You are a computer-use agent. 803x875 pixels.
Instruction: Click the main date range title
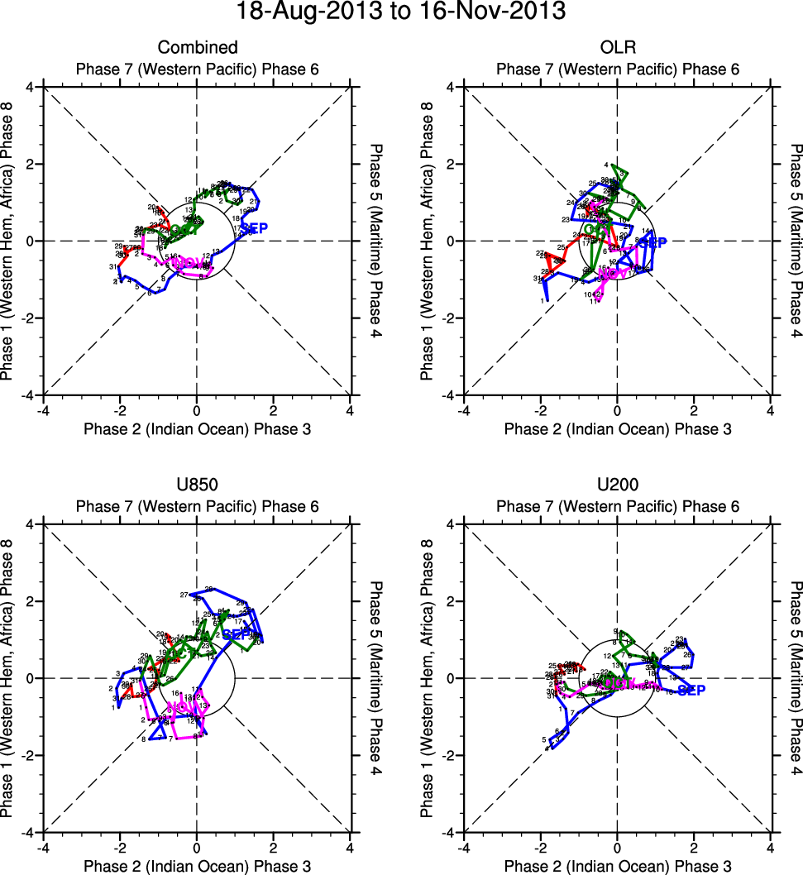coord(401,13)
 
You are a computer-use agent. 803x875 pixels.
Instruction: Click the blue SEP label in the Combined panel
coord(254,227)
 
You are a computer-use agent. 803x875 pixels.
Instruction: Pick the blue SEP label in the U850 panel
coord(239,634)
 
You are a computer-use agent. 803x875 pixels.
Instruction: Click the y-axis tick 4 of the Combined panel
coord(32,87)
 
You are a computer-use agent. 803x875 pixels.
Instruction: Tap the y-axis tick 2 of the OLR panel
coord(453,164)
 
